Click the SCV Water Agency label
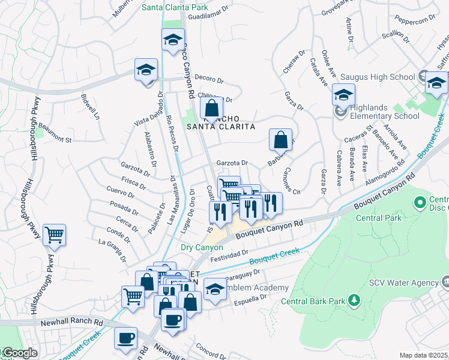(403, 283)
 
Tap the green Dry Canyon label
(202, 247)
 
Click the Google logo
(19, 353)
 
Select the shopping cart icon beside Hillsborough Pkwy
(54, 235)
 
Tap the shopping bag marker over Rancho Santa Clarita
(211, 109)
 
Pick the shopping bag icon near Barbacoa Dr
(280, 140)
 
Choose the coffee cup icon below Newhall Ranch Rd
(125, 339)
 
